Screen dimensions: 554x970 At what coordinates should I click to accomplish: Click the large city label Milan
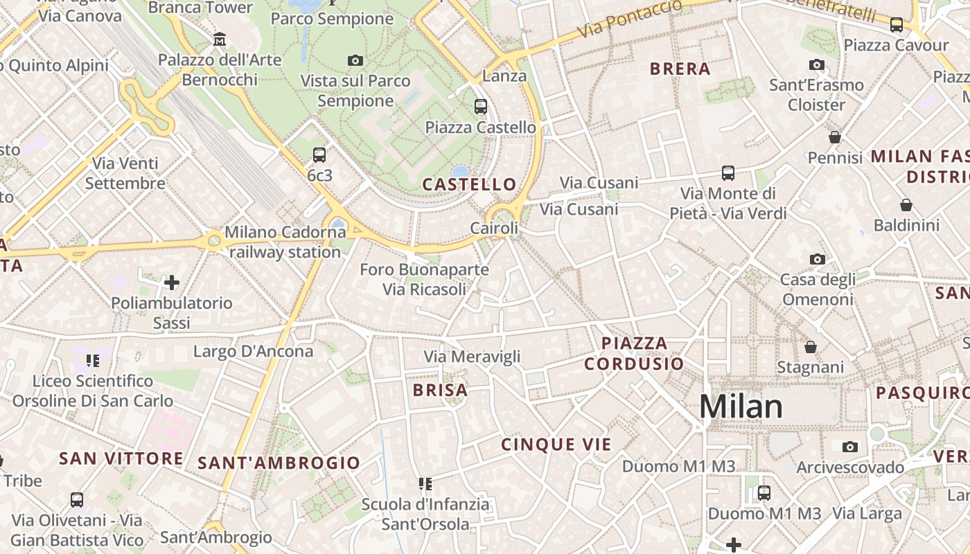pos(741,406)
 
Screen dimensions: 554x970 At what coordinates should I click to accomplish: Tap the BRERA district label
pos(680,69)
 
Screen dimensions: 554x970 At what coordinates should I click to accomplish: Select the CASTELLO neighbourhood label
pos(470,184)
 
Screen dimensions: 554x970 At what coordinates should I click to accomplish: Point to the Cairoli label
pos(494,228)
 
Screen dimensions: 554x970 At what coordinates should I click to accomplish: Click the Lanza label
pos(504,76)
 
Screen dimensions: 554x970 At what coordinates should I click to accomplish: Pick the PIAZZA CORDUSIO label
pos(634,353)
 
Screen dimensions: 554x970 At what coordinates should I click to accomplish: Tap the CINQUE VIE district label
pos(556,445)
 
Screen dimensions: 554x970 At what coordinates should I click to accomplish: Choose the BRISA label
pos(440,390)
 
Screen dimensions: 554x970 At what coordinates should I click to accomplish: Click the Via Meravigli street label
pos(472,357)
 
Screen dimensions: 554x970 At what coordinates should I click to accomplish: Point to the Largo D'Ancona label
pos(253,351)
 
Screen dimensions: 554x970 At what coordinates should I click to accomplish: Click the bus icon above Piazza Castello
pos(480,107)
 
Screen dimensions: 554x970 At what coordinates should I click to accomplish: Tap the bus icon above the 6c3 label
pos(319,155)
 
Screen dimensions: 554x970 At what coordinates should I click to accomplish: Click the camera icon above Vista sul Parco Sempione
pos(355,61)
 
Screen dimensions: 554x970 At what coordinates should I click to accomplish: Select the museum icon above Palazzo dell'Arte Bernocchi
pos(220,39)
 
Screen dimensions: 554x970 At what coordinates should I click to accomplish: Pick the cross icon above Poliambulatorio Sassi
pos(172,283)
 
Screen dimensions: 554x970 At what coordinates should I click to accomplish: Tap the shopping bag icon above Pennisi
pos(835,137)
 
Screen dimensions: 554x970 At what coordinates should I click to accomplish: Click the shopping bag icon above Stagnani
pos(810,346)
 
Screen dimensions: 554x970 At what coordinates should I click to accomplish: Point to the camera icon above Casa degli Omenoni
pos(818,260)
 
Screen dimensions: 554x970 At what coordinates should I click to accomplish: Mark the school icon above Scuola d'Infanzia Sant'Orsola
pos(425,483)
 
